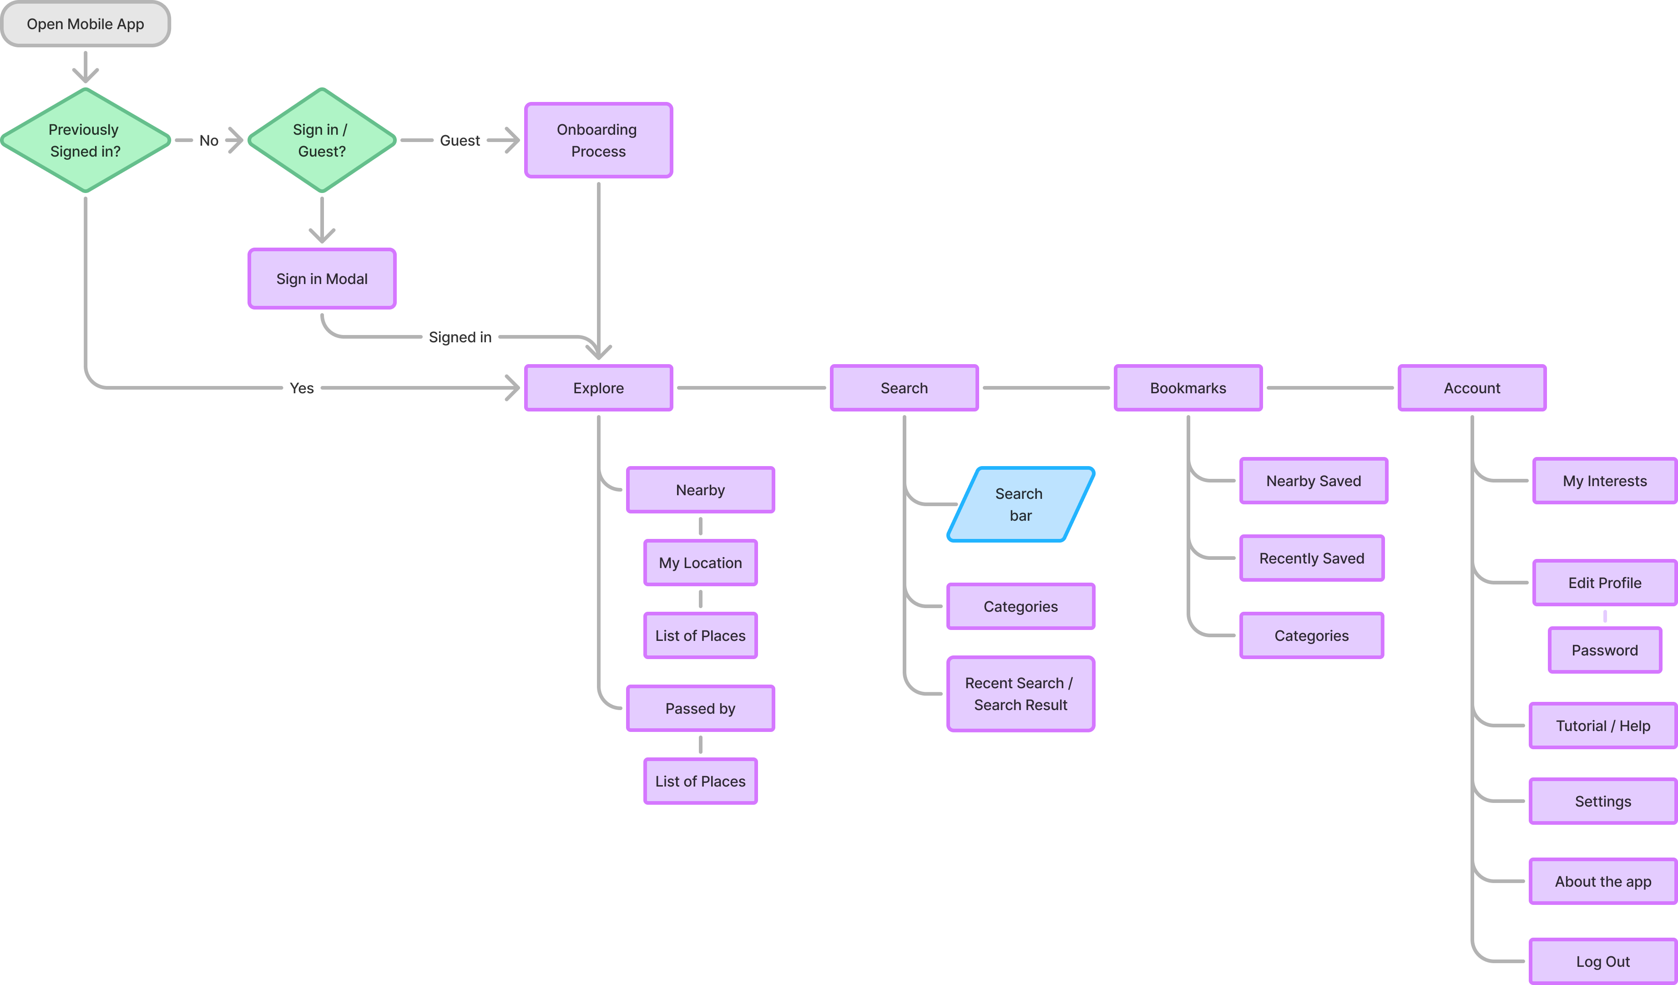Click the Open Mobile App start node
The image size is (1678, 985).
coord(85,24)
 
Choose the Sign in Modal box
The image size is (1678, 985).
coord(322,279)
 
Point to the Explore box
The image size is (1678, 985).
coord(598,388)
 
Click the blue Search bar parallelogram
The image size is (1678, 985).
coord(1020,504)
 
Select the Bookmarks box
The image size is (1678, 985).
coord(1188,388)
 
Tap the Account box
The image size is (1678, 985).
coord(1471,388)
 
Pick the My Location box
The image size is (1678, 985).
coord(700,563)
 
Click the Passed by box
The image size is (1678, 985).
coord(700,708)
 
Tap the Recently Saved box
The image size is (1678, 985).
coord(1311,558)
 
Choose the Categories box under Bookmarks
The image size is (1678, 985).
coord(1311,635)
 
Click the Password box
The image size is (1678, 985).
coord(1604,650)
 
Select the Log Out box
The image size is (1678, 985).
coord(1603,961)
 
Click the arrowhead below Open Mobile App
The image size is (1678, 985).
coord(85,75)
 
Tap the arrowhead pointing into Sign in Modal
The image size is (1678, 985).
coord(322,235)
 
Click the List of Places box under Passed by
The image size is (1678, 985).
coord(700,781)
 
